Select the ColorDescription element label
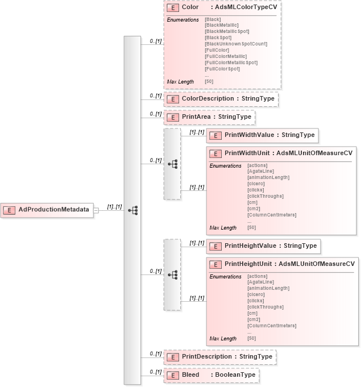[x=227, y=99]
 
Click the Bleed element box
[x=211, y=375]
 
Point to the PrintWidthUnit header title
[x=288, y=153]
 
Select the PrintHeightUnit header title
[x=289, y=264]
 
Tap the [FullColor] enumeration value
[x=217, y=51]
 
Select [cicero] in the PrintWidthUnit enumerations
[x=256, y=184]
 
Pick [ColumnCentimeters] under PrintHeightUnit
[x=272, y=326]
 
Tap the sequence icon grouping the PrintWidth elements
[x=173, y=164]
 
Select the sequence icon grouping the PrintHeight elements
[x=173, y=274]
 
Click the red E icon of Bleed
[x=172, y=376]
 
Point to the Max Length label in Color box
[x=180, y=82]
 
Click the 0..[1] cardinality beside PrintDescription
[x=155, y=353]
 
